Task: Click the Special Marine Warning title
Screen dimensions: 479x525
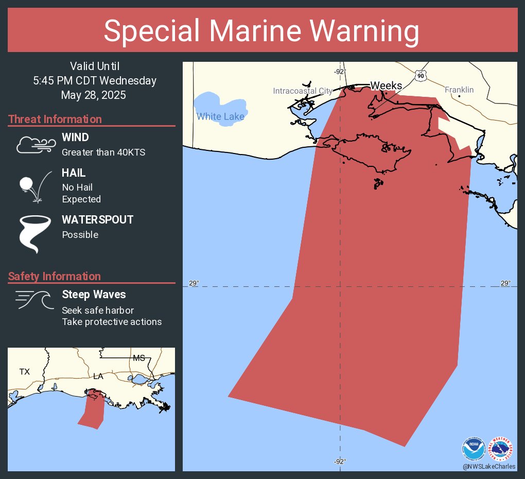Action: [x=261, y=31]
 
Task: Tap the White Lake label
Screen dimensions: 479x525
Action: [x=220, y=116]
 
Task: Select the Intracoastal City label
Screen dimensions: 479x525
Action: [x=303, y=91]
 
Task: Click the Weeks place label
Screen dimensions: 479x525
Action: [x=386, y=85]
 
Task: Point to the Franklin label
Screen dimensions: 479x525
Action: [x=459, y=90]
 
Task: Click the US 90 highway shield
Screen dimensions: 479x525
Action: [x=421, y=76]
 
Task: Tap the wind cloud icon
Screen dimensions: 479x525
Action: [x=36, y=145]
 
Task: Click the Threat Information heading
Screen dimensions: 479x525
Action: [x=55, y=119]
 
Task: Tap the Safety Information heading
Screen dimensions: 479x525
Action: [x=55, y=277]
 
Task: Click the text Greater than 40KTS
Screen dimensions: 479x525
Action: [x=103, y=152]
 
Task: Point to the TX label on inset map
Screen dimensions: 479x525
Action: [x=25, y=371]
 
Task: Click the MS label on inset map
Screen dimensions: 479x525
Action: [x=139, y=358]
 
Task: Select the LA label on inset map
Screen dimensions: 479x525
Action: [x=98, y=377]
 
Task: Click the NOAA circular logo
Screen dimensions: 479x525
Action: [x=474, y=448]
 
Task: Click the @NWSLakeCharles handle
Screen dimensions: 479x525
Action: [x=489, y=467]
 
